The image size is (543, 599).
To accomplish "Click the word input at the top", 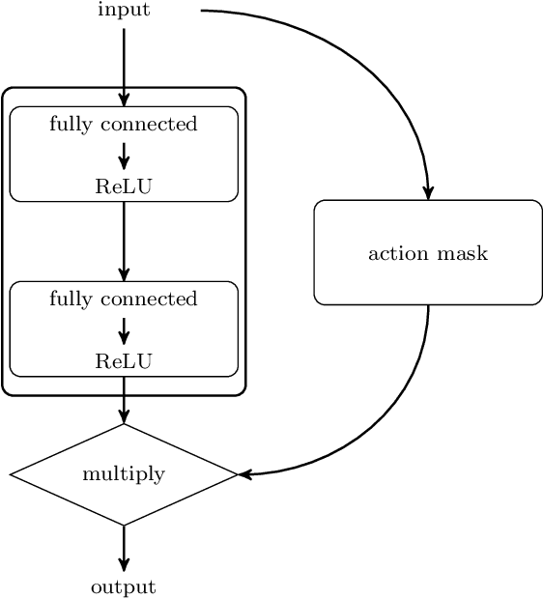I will click(124, 11).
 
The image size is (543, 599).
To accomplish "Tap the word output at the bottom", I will click(124, 587).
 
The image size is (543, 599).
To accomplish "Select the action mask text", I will click(428, 253).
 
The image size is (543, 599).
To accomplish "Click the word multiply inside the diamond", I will click(124, 474).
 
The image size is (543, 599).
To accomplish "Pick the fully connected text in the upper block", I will click(124, 124).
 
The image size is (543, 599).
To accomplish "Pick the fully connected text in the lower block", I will click(124, 299).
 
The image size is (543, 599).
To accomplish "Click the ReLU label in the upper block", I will click(124, 186).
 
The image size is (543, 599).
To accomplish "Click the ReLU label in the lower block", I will click(124, 361).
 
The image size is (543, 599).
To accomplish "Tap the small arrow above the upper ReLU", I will click(124, 156).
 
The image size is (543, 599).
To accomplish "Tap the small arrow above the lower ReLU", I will click(124, 330).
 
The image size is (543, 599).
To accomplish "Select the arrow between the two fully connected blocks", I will click(124, 242).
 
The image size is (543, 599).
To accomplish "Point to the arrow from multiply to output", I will click(124, 549).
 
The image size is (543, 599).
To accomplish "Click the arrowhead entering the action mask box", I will click(428, 192).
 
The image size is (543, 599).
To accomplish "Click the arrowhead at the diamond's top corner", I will click(124, 416).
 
